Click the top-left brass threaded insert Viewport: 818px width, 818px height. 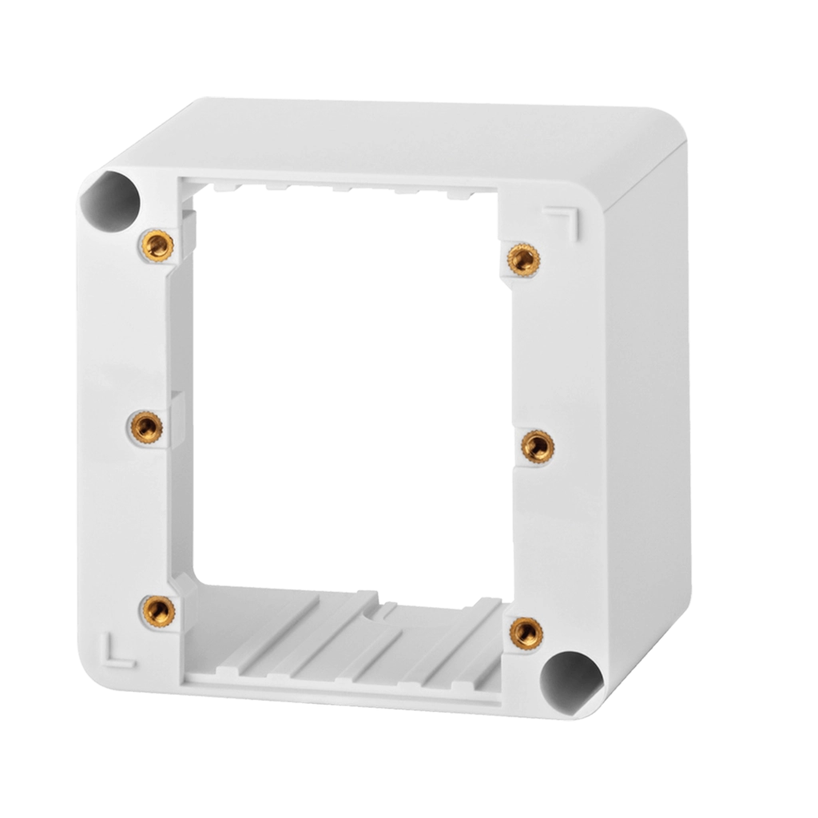(157, 244)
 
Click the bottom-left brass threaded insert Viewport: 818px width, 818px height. (157, 612)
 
